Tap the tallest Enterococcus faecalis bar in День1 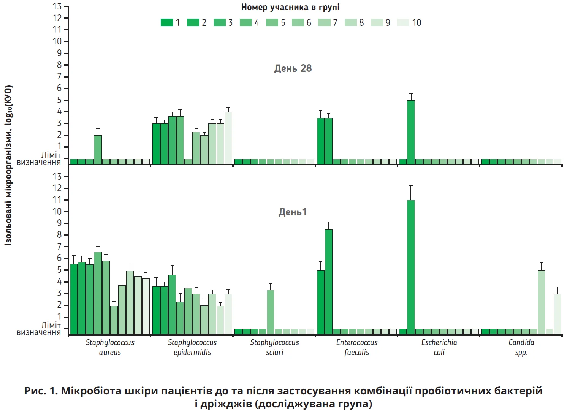click(329, 282)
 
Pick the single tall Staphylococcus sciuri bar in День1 click(271, 312)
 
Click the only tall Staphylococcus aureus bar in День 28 click(98, 150)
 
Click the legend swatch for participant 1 click(166, 23)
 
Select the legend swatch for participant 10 click(403, 23)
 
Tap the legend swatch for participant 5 click(272, 23)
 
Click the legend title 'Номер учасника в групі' click(290, 7)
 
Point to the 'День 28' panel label click(293, 68)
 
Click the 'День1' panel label click(293, 212)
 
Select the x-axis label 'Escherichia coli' click(439, 347)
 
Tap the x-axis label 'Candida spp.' click(521, 347)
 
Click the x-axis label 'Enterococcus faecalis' click(357, 347)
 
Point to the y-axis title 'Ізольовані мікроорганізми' click(8, 165)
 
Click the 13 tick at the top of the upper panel click(57, 6)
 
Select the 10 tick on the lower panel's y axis click(57, 212)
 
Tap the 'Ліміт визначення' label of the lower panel click(39, 329)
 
